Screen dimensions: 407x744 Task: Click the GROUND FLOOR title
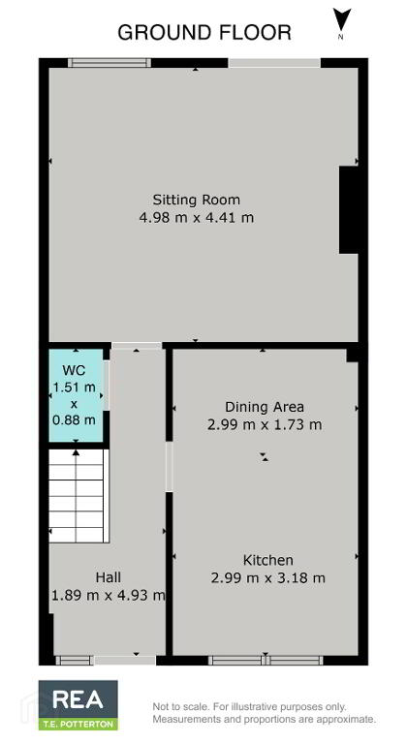pos(204,33)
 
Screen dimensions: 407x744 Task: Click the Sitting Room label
pos(196,200)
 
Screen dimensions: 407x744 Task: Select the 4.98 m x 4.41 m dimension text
pos(196,218)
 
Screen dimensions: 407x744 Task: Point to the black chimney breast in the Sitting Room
pos(348,209)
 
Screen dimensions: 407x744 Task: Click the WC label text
pos(74,370)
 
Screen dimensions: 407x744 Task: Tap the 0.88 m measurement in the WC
pos(74,419)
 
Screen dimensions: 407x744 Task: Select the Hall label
pos(109,577)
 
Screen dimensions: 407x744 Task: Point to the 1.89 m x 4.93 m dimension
pos(109,595)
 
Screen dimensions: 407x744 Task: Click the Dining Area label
pos(264,407)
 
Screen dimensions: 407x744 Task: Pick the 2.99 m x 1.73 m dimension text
pos(265,424)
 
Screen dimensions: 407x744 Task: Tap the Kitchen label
pos(267,560)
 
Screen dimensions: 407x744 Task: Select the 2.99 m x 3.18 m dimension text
pos(267,578)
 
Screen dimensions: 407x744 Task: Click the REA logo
pos(78,699)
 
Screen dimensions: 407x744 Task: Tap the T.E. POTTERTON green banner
pos(78,725)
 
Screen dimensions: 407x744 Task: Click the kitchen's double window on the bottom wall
pos(266,660)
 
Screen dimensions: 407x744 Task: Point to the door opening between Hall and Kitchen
pos(169,467)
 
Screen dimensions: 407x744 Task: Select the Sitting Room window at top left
pos(110,63)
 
